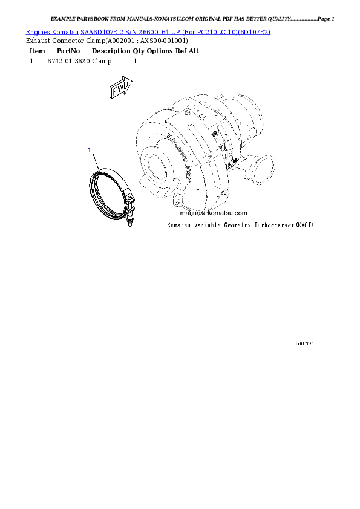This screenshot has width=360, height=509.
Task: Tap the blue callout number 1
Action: tap(90, 149)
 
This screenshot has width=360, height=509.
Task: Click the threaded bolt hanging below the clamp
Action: tap(129, 217)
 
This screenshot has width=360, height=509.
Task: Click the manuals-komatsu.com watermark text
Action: tap(214, 213)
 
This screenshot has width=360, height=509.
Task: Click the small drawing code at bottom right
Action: tap(304, 343)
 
